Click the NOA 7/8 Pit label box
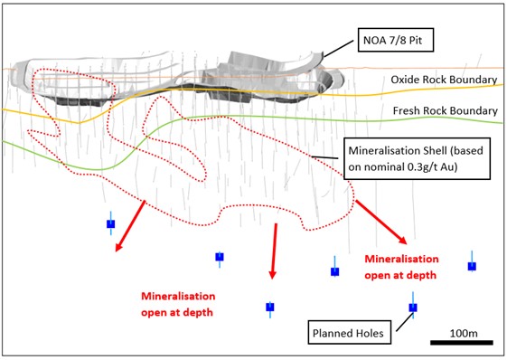click(396, 40)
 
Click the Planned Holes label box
click(349, 333)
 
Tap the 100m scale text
click(464, 333)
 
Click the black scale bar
click(462, 343)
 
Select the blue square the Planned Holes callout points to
click(413, 308)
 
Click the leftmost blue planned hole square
click(111, 224)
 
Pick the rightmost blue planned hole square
click(472, 266)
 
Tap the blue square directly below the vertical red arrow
click(270, 307)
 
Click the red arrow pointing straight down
click(274, 251)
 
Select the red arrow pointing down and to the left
click(129, 226)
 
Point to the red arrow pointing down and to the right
click(381, 223)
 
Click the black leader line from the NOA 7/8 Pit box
click(339, 49)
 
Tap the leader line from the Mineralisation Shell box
click(324, 157)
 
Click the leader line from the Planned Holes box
click(405, 322)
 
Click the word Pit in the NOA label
click(416, 40)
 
